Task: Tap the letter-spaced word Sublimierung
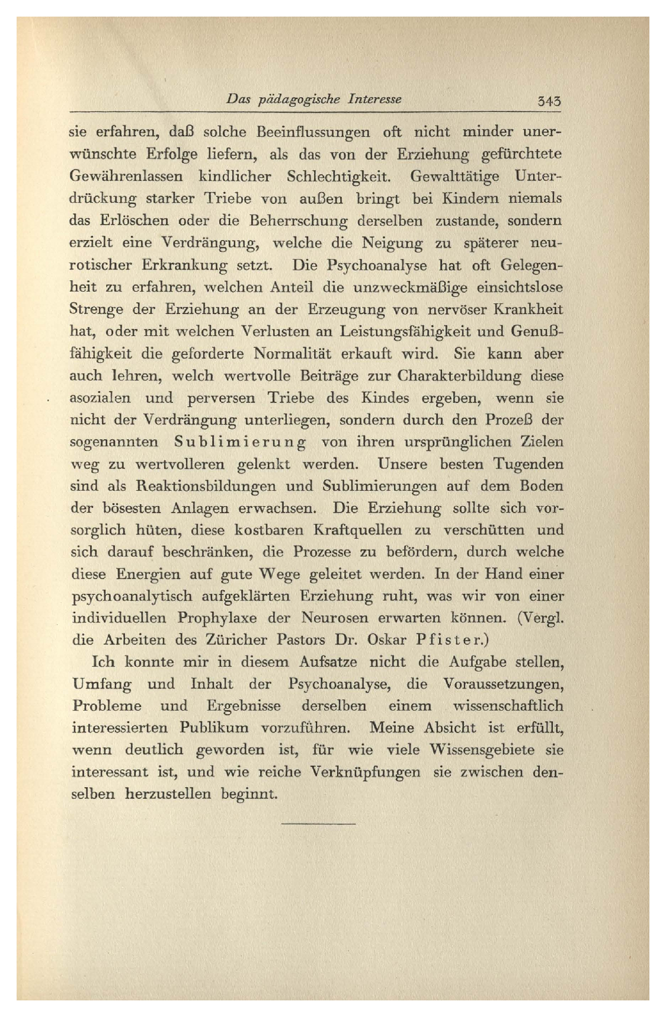(241, 442)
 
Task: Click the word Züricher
(237, 640)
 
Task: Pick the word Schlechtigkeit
(338, 177)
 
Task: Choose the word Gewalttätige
(455, 177)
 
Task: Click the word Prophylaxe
(217, 618)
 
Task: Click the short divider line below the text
(318, 824)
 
